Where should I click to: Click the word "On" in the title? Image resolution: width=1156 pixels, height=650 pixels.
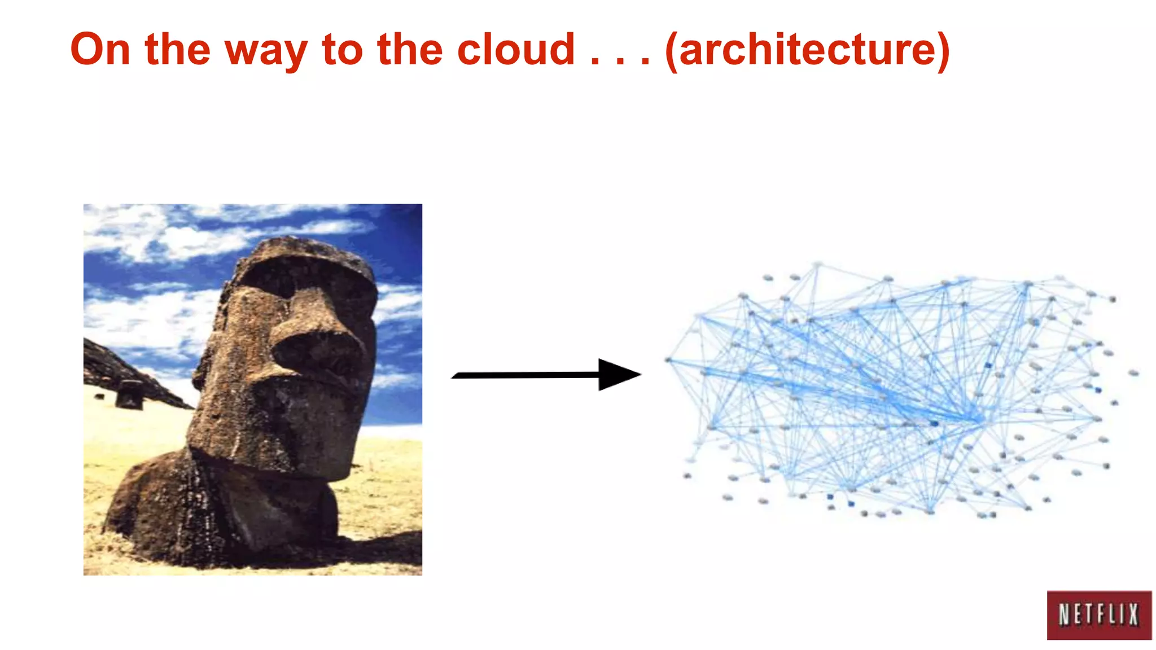click(x=100, y=50)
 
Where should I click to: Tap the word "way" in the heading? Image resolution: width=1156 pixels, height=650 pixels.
click(x=266, y=52)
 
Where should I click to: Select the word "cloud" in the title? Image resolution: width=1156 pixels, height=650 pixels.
click(x=516, y=50)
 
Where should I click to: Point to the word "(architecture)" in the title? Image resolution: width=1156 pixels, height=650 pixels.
click(x=808, y=51)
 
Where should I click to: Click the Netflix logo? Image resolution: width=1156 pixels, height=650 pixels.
click(x=1098, y=615)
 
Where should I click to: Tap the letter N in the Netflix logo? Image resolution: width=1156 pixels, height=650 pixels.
click(x=1064, y=615)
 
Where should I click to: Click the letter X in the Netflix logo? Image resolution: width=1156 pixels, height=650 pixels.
click(x=1133, y=615)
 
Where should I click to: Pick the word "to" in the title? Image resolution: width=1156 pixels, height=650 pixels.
click(x=342, y=50)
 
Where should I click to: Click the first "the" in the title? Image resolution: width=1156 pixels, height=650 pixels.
click(x=177, y=50)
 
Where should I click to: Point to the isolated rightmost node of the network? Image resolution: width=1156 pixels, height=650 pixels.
click(x=1133, y=373)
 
